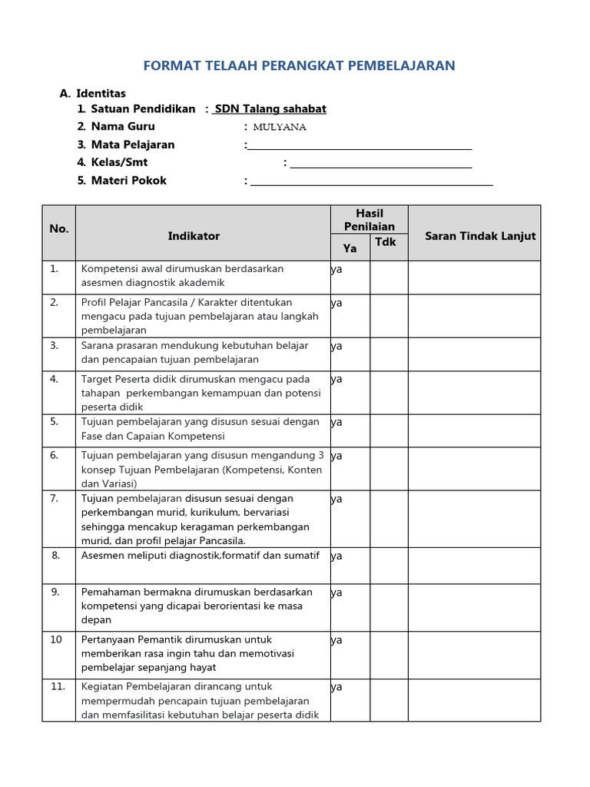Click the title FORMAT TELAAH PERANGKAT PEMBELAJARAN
tap(300, 66)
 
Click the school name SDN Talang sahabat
tap(270, 109)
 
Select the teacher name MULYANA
tap(280, 127)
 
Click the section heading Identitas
tap(101, 93)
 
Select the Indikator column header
tap(194, 236)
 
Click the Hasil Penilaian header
tap(370, 220)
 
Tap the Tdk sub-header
tap(386, 242)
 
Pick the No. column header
tap(59, 229)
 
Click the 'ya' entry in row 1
tap(336, 270)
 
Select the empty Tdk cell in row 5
tap(389, 430)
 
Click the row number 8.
tap(55, 555)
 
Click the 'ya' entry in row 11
tap(336, 687)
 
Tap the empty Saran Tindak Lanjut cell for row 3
tap(474, 354)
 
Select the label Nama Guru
tap(123, 127)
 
